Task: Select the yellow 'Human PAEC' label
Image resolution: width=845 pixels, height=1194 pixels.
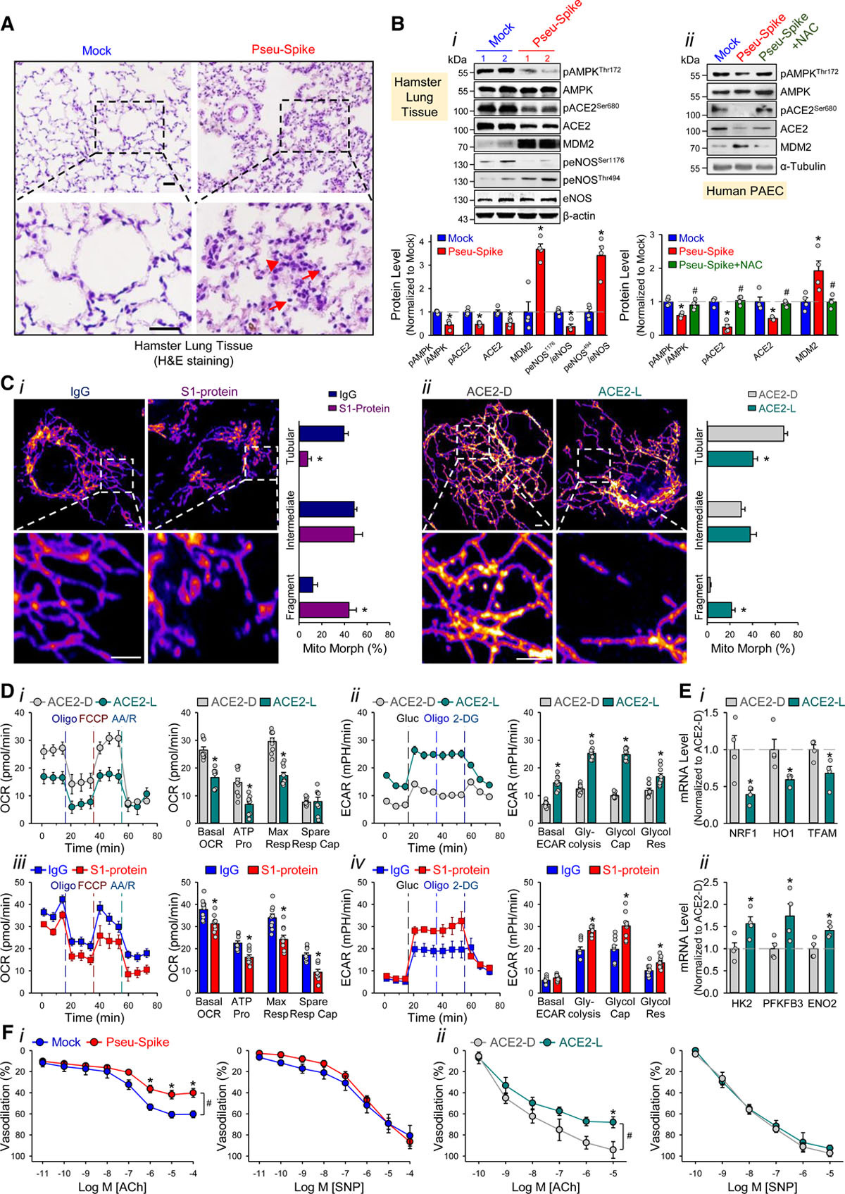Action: [745, 190]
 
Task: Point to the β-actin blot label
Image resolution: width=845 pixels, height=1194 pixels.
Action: [579, 216]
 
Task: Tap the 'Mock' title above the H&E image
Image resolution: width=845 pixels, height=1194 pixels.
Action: [96, 51]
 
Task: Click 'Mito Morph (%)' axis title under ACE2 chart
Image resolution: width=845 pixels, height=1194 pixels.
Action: [752, 648]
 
